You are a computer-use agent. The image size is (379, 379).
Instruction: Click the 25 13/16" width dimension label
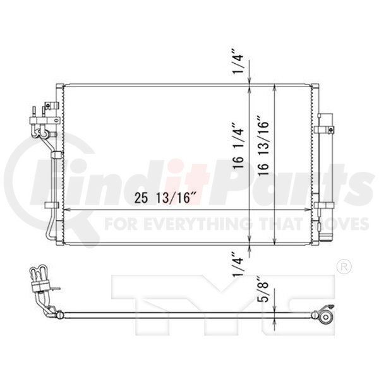tap(162, 198)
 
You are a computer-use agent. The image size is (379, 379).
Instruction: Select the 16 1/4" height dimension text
tap(239, 146)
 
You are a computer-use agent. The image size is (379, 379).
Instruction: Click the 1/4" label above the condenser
tap(238, 62)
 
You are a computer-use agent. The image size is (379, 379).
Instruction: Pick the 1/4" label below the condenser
tap(238, 265)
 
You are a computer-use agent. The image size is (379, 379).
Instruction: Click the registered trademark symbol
tap(344, 267)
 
